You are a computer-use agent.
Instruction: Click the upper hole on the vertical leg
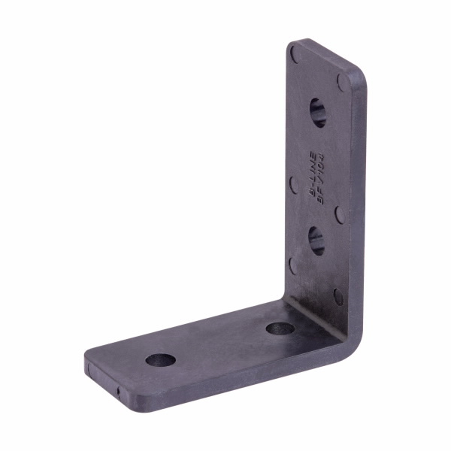click(318, 113)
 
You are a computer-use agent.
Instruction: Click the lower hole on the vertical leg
click(316, 240)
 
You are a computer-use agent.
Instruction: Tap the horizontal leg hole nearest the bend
click(280, 328)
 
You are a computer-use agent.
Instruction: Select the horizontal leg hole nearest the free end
click(160, 359)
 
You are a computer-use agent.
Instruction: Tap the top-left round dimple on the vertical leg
click(294, 54)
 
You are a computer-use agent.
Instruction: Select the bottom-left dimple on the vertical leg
click(293, 265)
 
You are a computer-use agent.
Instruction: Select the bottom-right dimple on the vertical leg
click(339, 296)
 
